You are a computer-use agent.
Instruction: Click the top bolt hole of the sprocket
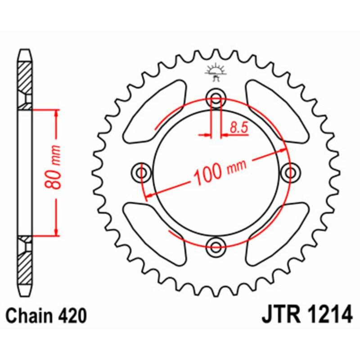point(216,99)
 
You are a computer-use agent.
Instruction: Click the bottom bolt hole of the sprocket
point(216,245)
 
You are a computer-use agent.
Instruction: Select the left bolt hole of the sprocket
point(143,172)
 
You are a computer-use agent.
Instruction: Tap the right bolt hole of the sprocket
point(290,172)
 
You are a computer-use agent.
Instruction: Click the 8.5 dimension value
point(239,127)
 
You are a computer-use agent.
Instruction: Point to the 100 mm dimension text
point(220,171)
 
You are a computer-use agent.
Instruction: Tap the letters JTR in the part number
point(280,315)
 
